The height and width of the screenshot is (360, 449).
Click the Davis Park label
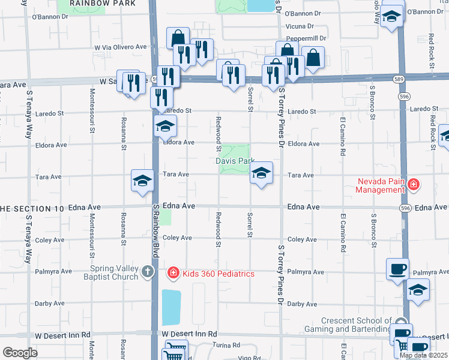point(235,161)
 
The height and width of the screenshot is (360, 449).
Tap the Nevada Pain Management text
point(381,185)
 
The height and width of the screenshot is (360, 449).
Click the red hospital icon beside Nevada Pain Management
point(413,184)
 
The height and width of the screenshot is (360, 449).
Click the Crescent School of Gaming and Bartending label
point(356,325)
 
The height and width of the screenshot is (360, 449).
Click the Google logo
point(20,353)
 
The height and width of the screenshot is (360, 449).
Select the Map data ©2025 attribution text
point(424,355)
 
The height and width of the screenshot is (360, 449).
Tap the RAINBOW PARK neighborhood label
point(94,3)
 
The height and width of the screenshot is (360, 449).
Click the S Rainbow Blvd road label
point(155,232)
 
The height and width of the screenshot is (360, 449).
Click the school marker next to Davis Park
point(261,174)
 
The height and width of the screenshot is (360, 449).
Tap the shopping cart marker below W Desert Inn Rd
point(175,350)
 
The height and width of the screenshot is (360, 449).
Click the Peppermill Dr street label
point(305,37)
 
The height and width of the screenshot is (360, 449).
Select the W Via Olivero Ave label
point(121,47)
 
